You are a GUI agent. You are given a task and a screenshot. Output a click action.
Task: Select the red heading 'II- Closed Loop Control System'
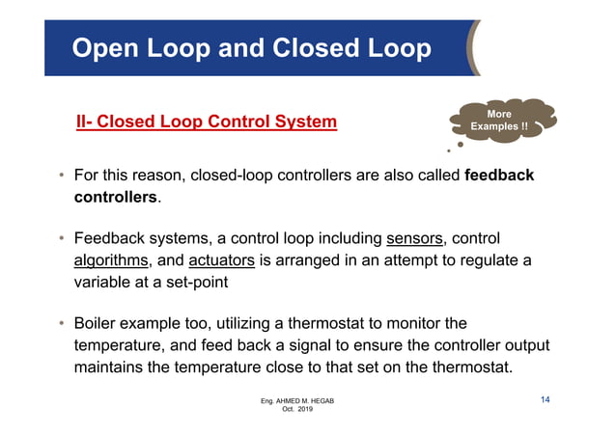click(207, 122)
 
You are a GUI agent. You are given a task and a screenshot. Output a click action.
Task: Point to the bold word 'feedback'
click(499, 177)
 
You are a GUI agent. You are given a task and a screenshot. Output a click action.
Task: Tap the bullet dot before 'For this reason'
click(60, 177)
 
